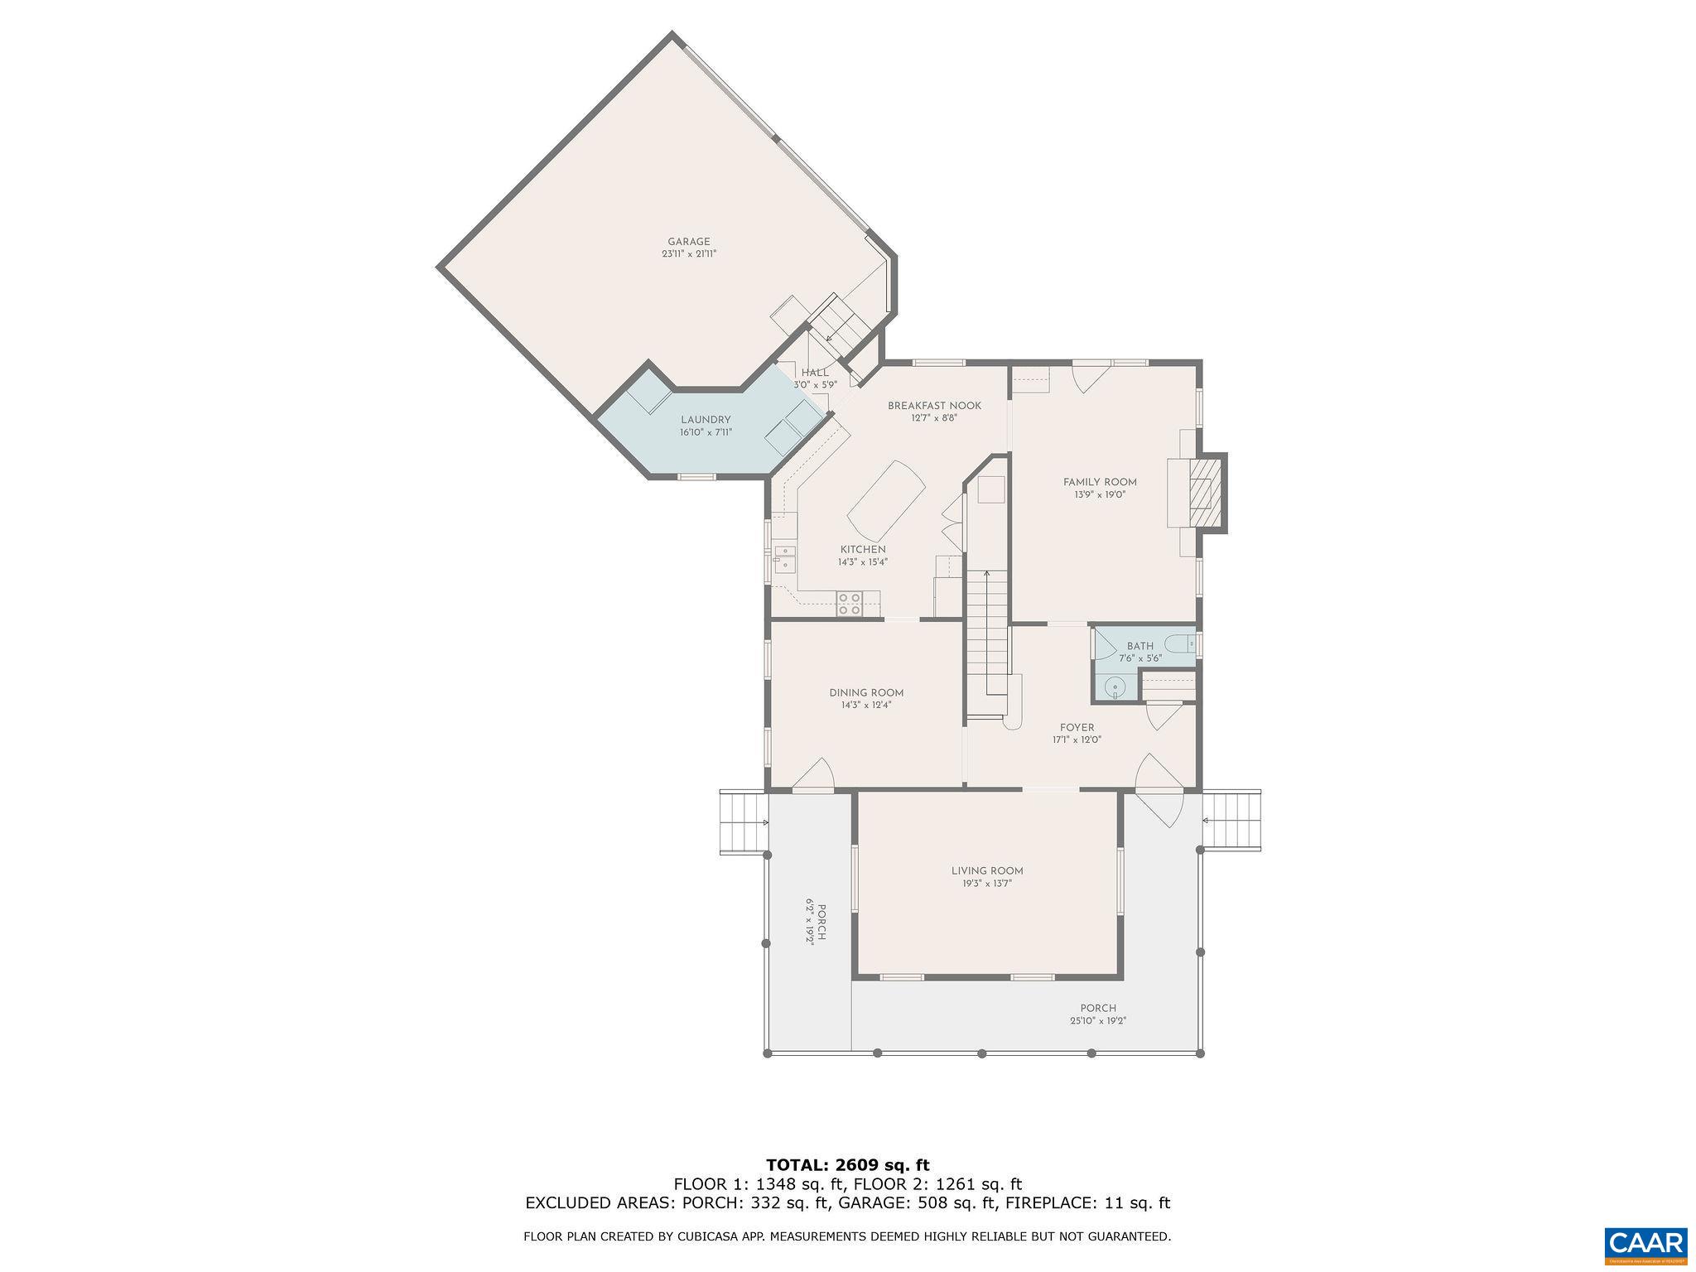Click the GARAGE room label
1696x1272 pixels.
(x=688, y=242)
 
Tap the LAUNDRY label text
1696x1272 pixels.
(x=706, y=420)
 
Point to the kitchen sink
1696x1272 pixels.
(x=205, y=558)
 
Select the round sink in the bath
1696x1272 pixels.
(x=1115, y=687)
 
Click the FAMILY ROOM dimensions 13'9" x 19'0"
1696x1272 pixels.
(x=1100, y=494)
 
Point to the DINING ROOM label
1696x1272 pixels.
(x=866, y=693)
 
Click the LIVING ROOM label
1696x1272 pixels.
(x=987, y=870)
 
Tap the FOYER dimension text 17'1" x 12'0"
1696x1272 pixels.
(x=1077, y=740)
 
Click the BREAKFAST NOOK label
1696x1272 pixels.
(x=934, y=406)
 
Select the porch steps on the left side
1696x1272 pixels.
(x=743, y=821)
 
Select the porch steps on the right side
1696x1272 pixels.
(x=1231, y=820)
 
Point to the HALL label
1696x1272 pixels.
(x=815, y=373)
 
